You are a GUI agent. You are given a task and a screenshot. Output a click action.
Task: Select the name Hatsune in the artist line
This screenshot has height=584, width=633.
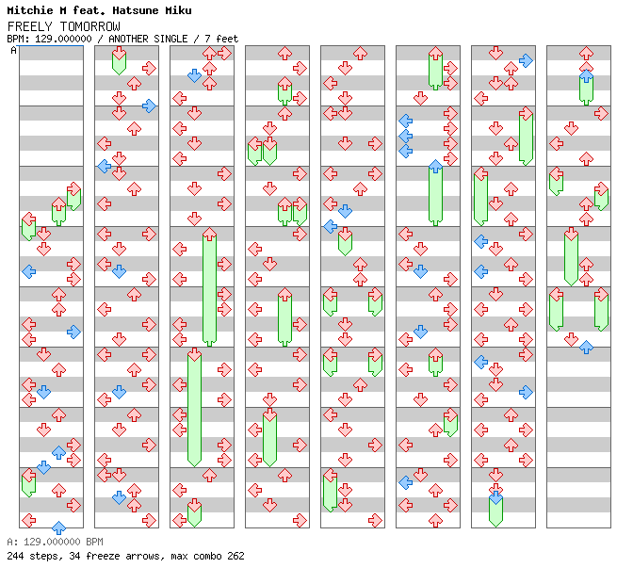125,10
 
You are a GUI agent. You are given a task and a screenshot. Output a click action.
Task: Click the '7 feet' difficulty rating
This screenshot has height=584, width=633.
223,39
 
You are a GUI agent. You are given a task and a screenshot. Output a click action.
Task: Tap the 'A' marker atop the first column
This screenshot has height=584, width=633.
13,50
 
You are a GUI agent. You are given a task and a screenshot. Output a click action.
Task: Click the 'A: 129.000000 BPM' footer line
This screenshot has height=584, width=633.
55,543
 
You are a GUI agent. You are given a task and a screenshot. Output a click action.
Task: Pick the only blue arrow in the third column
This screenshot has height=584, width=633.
194,75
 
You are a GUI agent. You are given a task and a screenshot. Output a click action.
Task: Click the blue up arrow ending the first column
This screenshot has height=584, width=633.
58,527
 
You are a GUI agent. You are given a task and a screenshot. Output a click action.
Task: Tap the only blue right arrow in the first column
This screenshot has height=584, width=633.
73,332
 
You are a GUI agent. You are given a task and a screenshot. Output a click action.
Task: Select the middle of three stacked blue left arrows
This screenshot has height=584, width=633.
405,136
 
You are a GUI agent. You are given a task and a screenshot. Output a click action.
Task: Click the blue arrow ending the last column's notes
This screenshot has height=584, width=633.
586,347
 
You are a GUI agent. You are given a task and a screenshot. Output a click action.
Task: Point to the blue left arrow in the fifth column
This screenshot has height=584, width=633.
330,226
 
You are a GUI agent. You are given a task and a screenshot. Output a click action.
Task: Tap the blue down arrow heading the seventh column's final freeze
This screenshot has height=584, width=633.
495,497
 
